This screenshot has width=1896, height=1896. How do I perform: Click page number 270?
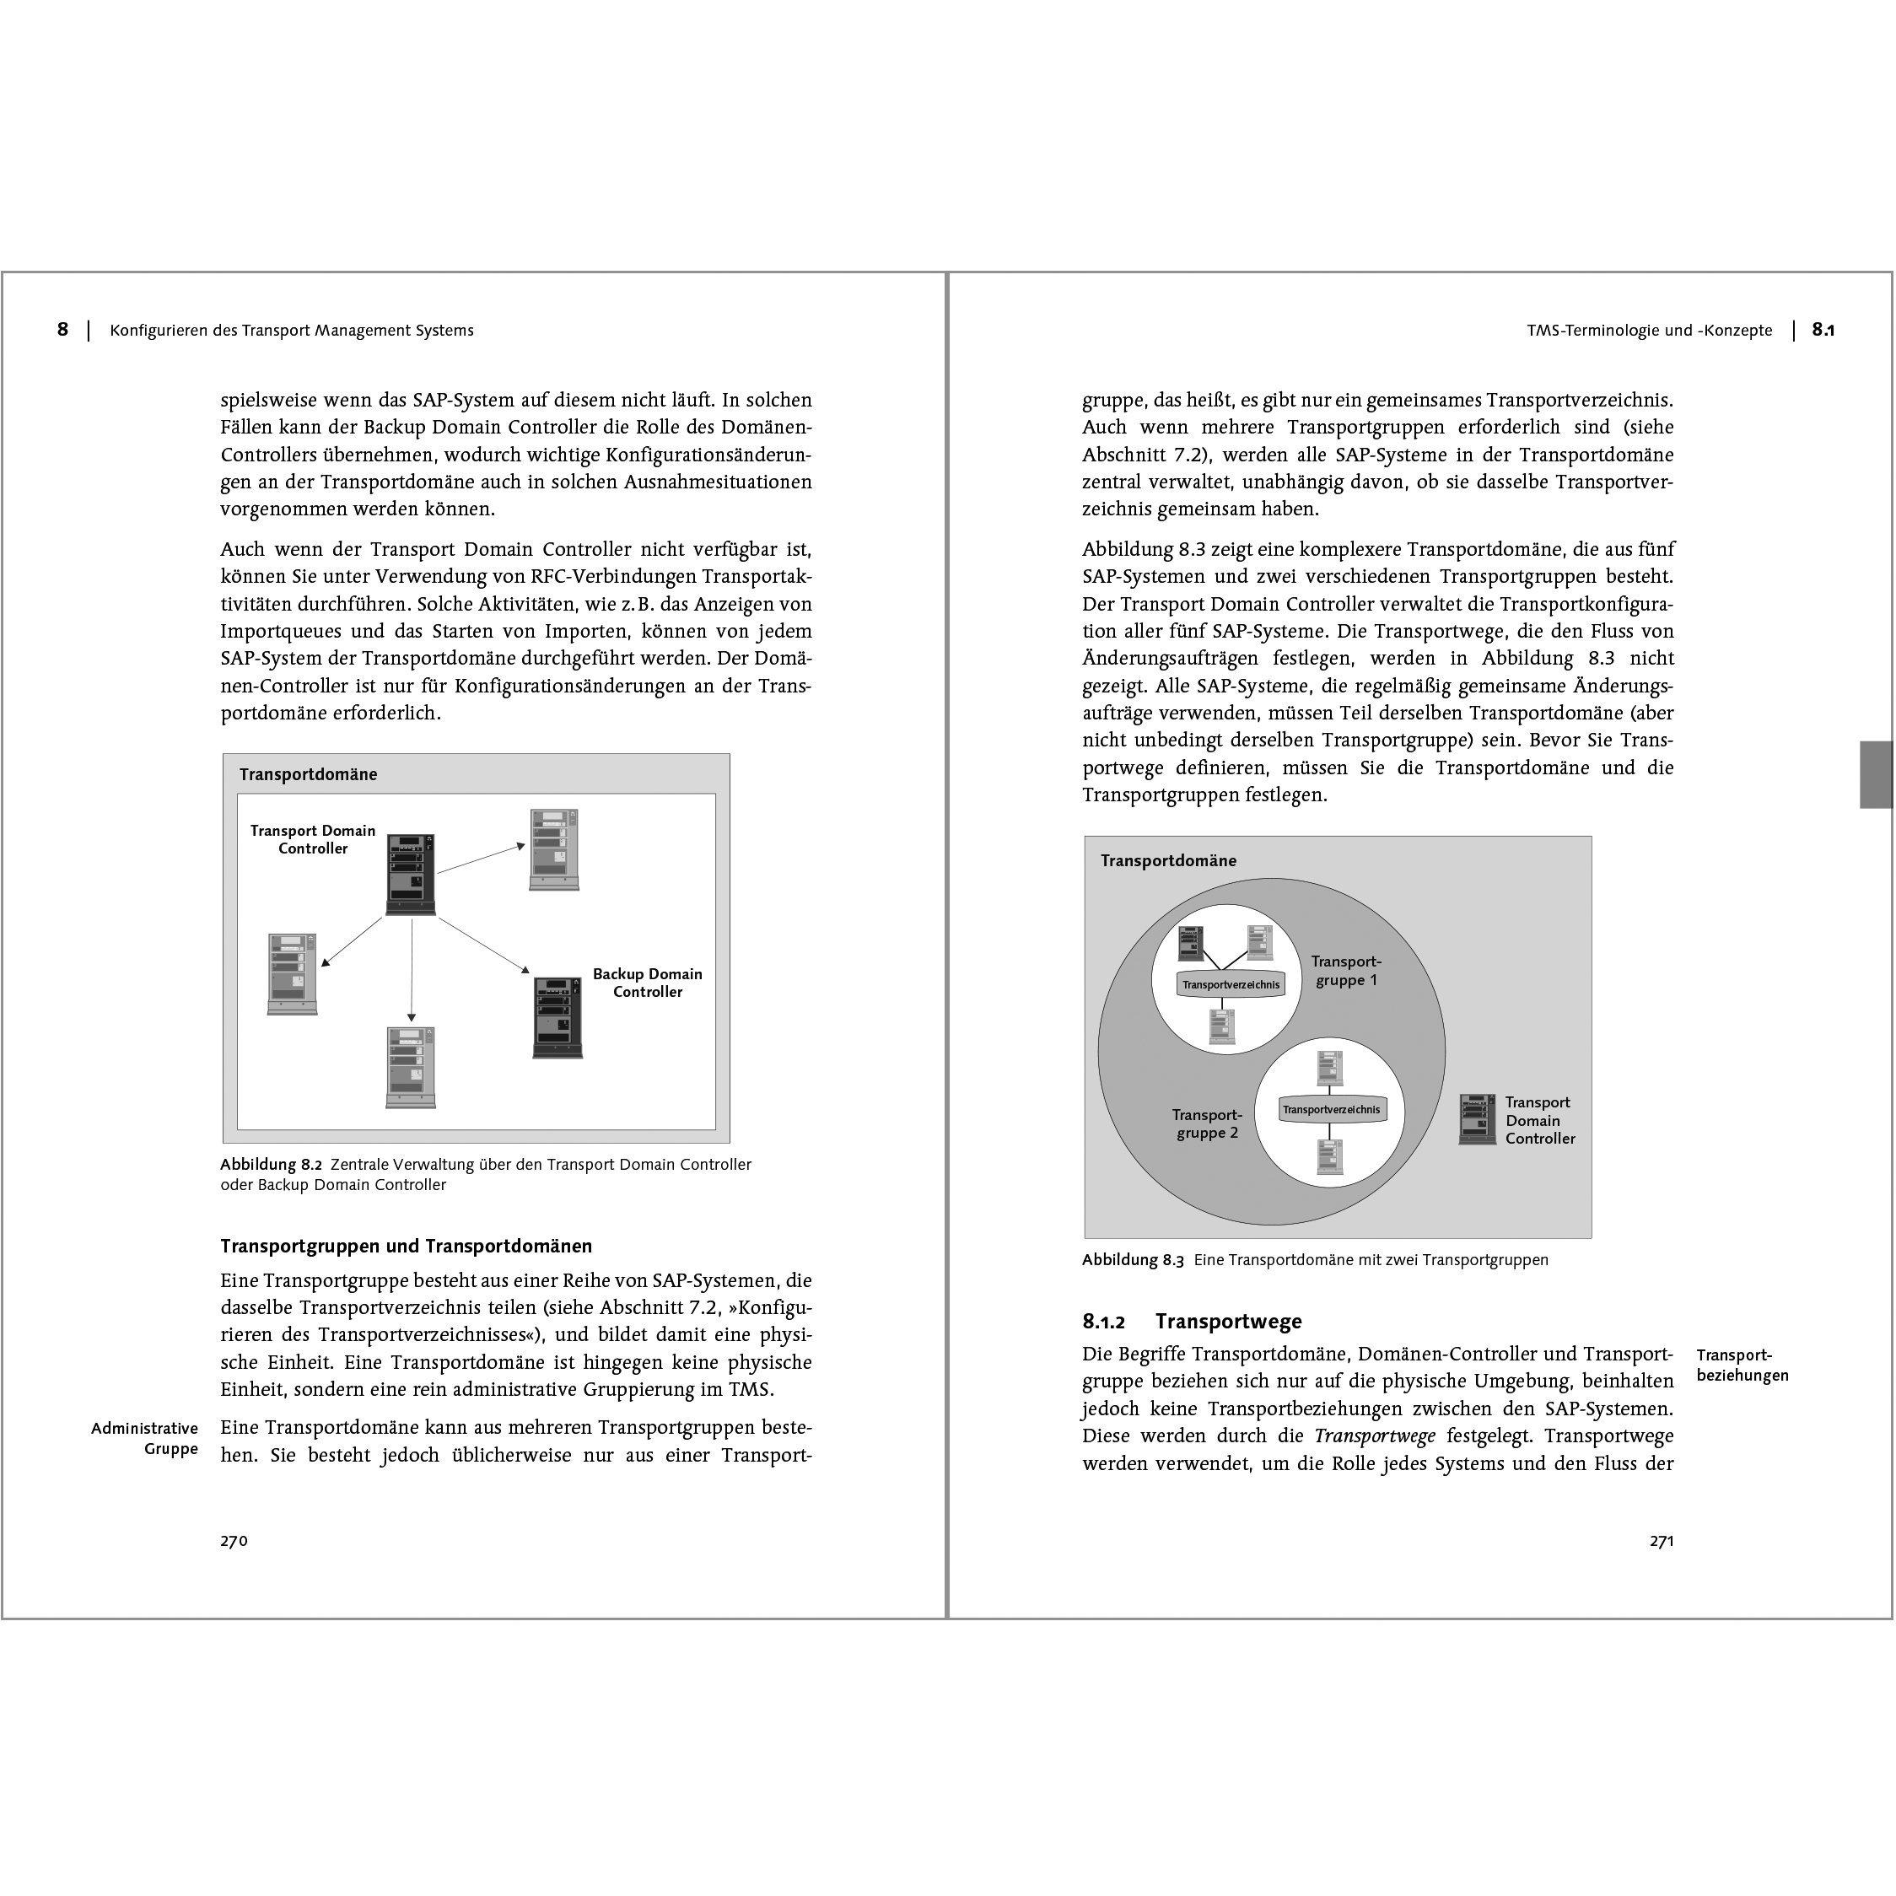(234, 1541)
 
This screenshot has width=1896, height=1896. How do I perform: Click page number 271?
(1661, 1541)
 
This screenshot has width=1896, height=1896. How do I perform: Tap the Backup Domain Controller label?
(647, 983)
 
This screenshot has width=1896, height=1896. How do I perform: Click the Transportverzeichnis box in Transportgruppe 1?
(1231, 984)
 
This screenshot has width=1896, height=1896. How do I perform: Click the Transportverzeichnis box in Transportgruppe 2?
(1331, 1109)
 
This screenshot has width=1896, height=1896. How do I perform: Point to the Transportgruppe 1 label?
(1345, 971)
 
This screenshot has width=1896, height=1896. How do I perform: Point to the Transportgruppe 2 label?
(1207, 1123)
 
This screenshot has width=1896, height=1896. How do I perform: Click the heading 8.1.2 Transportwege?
(1192, 1321)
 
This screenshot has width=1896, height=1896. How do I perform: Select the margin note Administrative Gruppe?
(145, 1439)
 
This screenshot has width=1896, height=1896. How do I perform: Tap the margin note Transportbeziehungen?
(1742, 1365)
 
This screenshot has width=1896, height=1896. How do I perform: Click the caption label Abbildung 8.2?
(271, 1165)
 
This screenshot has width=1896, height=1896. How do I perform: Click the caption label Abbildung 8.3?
(1133, 1260)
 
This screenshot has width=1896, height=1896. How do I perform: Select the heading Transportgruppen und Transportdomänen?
(406, 1247)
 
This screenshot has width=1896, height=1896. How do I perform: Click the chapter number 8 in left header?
(62, 330)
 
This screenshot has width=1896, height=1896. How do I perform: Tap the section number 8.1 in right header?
(1823, 330)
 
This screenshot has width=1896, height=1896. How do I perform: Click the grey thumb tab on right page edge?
(1876, 774)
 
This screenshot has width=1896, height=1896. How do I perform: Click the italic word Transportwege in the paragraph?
(1374, 1435)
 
